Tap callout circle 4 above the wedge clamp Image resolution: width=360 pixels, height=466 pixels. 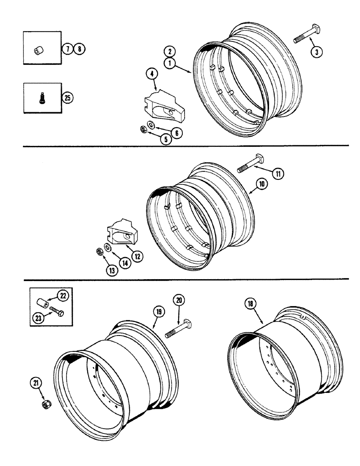[152, 74]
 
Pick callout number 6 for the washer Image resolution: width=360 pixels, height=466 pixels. [177, 133]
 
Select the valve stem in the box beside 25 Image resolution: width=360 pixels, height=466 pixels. [42, 99]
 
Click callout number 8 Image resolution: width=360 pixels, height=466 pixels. [80, 48]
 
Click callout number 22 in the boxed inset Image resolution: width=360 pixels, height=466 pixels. [62, 295]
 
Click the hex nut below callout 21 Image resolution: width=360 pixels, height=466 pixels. [47, 403]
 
